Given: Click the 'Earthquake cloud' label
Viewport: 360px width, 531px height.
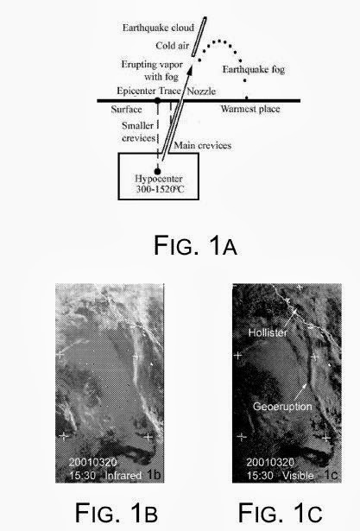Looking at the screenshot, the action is coord(158,28).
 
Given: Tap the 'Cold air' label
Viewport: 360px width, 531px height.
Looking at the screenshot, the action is coord(172,46).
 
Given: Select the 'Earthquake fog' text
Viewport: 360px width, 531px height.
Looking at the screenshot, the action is coord(253,69).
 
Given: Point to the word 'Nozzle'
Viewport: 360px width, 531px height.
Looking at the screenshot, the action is coord(201,92).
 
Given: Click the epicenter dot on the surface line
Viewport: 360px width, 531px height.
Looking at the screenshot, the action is coord(157,100).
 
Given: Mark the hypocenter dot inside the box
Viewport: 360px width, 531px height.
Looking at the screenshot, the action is coord(157,171).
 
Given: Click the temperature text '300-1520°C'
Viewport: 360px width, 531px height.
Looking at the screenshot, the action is coord(160,189).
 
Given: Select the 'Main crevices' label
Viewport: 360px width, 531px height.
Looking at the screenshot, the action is coord(203,145).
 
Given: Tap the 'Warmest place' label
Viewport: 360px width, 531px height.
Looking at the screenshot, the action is coord(250,109).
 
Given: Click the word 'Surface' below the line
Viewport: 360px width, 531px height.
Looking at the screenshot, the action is coord(126,110).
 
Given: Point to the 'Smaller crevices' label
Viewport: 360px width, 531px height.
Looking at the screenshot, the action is coord(138,132).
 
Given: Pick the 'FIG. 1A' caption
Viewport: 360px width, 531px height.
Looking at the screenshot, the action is coord(195,245).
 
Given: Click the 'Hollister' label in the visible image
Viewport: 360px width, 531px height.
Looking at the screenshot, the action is coord(268,332).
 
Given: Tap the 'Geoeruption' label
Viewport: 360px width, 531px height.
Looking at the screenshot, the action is coord(282,407).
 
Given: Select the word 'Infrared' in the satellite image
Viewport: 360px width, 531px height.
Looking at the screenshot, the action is coord(123,476).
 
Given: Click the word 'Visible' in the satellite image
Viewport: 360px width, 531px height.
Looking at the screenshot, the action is coord(298,476).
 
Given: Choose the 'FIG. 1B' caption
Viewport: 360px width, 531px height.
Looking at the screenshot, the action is coord(117,513).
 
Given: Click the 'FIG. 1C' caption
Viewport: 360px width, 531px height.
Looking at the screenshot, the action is coord(280,513).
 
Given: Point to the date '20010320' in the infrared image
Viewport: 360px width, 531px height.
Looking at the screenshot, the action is coord(92,462).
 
